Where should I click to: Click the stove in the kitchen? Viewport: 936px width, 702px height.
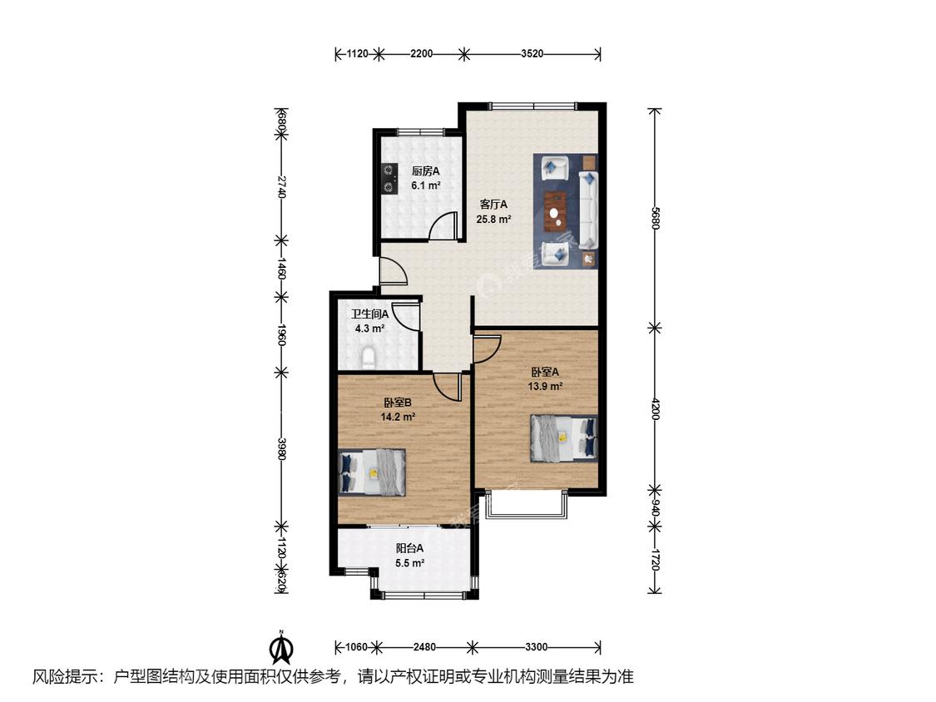coord(389,179)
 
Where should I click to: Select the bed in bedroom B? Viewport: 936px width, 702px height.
coord(372,472)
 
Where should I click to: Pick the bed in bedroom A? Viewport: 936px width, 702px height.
coord(564,438)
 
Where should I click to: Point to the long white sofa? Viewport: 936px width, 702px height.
coord(588,210)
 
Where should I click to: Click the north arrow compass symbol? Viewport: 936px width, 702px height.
coord(282,646)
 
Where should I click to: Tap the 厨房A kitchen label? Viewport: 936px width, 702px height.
coord(426,171)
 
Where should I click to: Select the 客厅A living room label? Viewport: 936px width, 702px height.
coord(493,204)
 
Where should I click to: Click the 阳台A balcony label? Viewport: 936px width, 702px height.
coord(409,548)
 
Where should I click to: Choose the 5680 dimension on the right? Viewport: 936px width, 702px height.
coord(655,218)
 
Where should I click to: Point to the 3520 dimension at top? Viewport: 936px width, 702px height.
coord(532,54)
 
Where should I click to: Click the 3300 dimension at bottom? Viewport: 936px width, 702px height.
coord(536,646)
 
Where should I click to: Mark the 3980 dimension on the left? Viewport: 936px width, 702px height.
coord(282,449)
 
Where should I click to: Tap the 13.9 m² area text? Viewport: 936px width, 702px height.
coord(545,386)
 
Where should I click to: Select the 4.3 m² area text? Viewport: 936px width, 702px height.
coord(369,329)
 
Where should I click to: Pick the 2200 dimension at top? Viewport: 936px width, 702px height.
coord(422,54)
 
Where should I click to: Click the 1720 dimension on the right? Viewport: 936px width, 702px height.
coord(655,559)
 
